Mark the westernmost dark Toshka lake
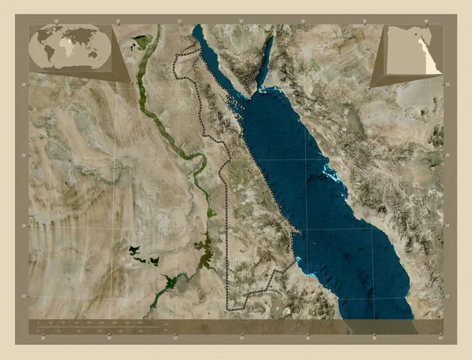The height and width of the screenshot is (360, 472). (133, 251)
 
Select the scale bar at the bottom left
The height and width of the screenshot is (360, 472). (98, 324)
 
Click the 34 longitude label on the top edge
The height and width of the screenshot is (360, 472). (242, 20)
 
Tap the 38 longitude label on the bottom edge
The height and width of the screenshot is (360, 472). (374, 339)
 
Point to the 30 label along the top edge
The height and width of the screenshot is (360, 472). (117, 20)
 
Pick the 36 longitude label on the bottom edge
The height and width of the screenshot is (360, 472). (308, 339)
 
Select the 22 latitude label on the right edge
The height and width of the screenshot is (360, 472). (447, 296)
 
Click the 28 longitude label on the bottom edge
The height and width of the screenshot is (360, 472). (43, 339)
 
